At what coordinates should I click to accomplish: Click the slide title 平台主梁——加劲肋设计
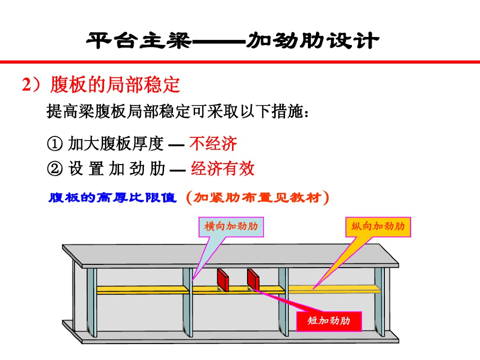[232, 41]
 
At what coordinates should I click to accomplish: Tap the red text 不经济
[213, 143]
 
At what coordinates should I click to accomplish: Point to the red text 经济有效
[223, 168]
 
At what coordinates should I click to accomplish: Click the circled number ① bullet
[54, 144]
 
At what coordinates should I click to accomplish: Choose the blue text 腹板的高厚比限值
[112, 198]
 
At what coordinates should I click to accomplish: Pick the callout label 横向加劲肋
[231, 227]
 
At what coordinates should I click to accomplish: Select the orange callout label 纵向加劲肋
[378, 227]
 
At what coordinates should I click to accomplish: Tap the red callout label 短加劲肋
[329, 321]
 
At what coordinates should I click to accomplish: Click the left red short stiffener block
[223, 280]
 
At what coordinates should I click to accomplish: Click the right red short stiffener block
[253, 280]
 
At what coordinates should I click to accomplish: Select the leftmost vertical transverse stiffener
[92, 302]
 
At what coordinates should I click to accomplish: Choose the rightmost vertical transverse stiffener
[379, 302]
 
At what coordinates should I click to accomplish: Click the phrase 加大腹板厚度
[115, 144]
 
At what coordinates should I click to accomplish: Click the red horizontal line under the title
[240, 62]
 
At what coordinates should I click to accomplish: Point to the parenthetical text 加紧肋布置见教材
[257, 198]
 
